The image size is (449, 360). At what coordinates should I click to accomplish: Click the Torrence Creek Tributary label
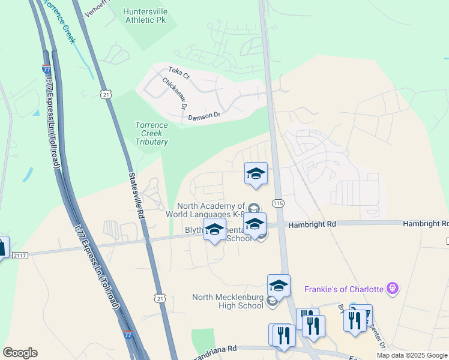(151, 134)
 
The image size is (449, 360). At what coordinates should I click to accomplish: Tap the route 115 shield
(278, 204)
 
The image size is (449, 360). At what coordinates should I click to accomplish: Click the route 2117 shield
(19, 256)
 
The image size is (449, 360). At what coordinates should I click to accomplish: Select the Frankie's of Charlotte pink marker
(393, 289)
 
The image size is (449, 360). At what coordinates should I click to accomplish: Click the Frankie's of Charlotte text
(345, 289)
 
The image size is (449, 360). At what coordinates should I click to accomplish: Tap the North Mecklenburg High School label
(228, 301)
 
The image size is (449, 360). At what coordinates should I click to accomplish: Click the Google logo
(20, 353)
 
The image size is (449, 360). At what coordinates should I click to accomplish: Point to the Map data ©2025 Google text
(412, 355)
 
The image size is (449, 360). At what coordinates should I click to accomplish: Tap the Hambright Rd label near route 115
(312, 224)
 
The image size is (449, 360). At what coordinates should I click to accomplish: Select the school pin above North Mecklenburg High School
(279, 286)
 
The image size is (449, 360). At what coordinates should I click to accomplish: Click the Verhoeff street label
(99, 10)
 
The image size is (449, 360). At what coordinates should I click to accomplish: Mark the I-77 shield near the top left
(46, 70)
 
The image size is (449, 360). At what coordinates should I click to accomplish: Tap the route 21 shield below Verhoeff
(106, 94)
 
